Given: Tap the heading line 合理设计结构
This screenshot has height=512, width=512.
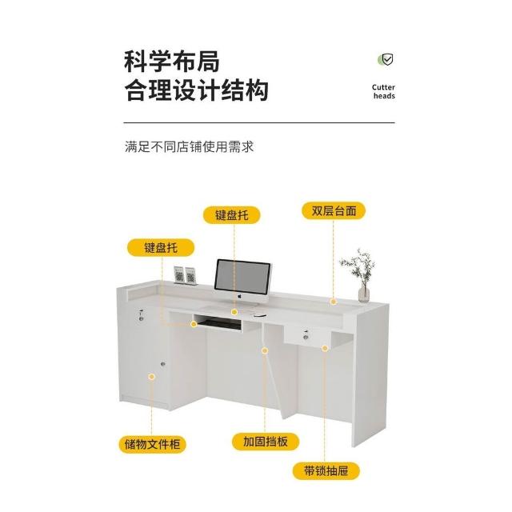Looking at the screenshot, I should tap(196, 90).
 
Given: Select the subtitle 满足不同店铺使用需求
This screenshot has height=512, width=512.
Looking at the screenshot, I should tap(190, 147).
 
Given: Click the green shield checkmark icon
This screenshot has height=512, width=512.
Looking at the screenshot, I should tap(385, 59).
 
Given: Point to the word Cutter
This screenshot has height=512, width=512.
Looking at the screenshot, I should tap(384, 86).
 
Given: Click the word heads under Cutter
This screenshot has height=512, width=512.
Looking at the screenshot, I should tap(384, 97).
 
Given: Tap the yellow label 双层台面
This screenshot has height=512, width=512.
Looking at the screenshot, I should tap(334, 211).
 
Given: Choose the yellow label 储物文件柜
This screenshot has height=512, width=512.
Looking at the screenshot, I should tap(150, 442).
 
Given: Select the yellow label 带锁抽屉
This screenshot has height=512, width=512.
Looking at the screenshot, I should tap(326, 470).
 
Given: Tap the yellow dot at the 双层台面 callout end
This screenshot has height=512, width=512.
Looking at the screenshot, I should tap(334, 302).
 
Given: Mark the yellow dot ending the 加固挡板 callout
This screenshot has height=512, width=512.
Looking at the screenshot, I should tap(264, 350).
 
